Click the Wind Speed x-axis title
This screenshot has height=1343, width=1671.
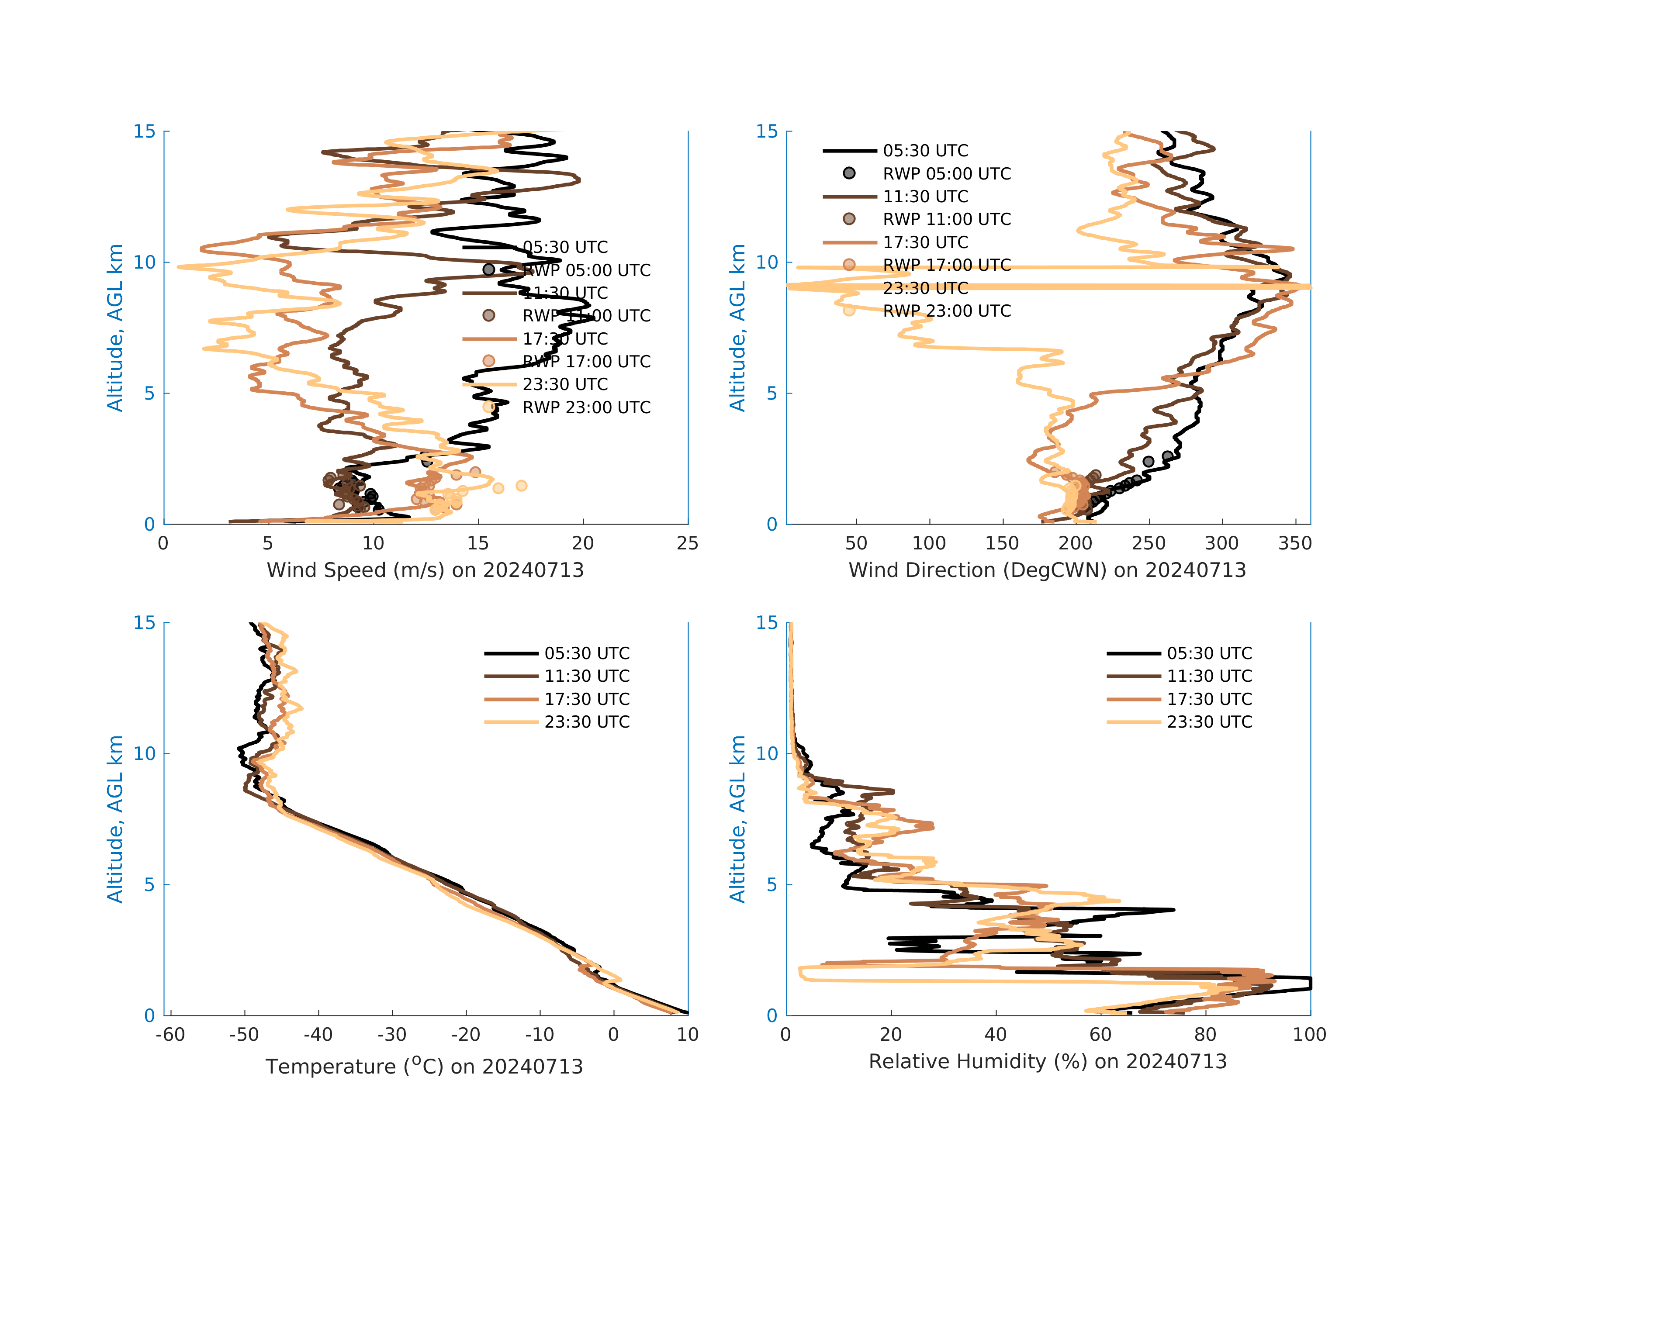[x=425, y=570]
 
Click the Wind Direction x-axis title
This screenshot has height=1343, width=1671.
[x=1047, y=570]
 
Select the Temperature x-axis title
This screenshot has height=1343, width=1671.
[x=424, y=1067]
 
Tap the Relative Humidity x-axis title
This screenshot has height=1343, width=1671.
[x=1047, y=1062]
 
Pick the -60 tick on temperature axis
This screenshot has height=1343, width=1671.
[x=170, y=1035]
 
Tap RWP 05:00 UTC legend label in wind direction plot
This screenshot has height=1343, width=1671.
[x=946, y=173]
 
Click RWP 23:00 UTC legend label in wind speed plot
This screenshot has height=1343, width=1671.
[x=586, y=407]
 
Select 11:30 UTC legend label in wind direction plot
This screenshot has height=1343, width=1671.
[x=925, y=197]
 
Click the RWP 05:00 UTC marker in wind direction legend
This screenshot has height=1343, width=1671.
[x=849, y=173]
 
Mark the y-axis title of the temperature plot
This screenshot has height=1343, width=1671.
[x=115, y=819]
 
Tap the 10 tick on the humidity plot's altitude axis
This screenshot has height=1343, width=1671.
[x=767, y=753]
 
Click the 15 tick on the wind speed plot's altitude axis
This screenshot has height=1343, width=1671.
[x=144, y=132]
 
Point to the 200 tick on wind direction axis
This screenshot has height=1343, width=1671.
[x=1076, y=543]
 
